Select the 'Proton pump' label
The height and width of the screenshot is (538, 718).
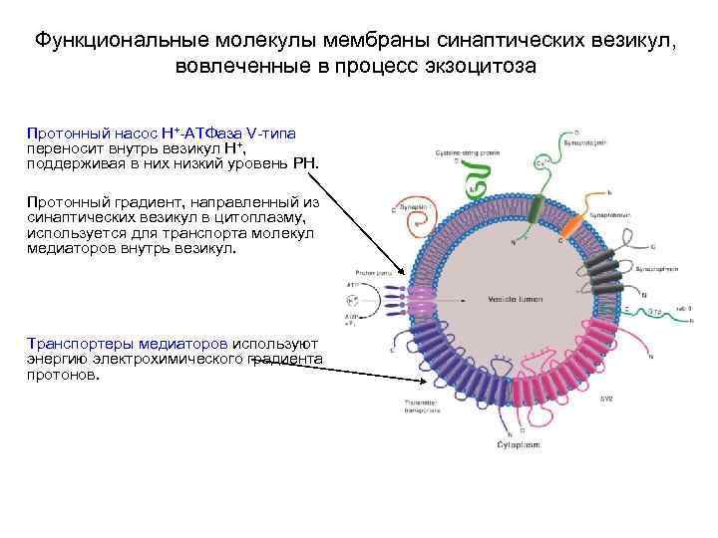(x=362, y=270)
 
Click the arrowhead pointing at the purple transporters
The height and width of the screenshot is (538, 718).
(x=416, y=379)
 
